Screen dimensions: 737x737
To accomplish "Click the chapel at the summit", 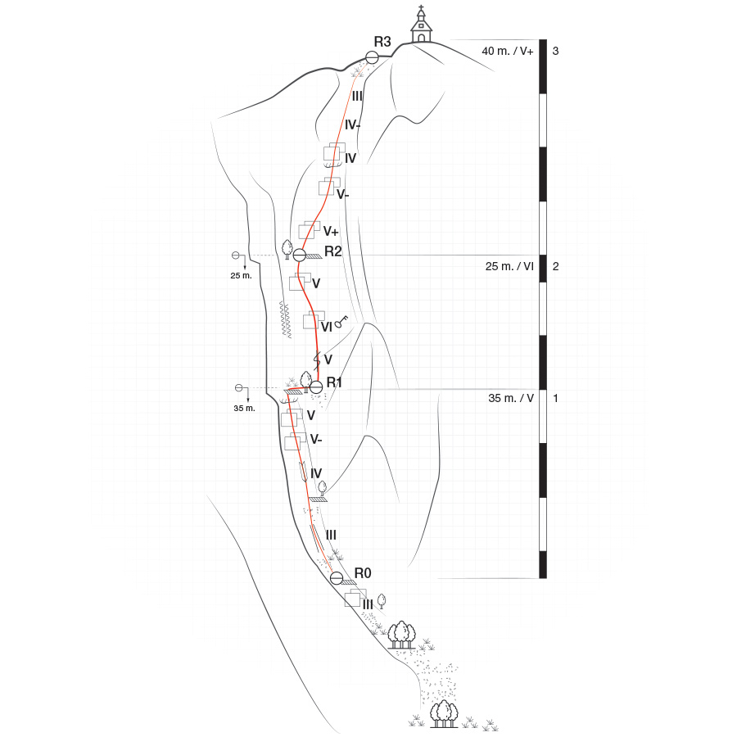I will [421, 26].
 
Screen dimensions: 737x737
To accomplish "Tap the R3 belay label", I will [382, 42].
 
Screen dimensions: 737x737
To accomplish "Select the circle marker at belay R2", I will [300, 255].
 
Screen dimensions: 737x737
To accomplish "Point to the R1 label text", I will [334, 382].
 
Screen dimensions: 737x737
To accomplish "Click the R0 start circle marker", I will [337, 578].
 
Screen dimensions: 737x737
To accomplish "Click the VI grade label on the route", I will [326, 327].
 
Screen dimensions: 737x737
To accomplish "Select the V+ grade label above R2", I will [331, 231].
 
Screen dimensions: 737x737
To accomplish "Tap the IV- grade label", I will [354, 125].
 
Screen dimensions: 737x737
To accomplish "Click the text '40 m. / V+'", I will [508, 51].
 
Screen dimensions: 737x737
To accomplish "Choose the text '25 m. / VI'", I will [509, 266].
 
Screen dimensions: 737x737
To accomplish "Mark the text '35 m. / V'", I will [511, 399].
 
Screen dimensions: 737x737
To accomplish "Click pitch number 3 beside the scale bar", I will [556, 51].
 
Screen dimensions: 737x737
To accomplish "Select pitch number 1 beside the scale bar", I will [556, 399].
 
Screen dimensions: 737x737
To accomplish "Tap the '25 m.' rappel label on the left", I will [242, 276].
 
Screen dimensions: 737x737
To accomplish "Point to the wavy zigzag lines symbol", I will [287, 319].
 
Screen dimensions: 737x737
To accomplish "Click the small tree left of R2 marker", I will [287, 247].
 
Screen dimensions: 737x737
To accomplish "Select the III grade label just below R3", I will [357, 96].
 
